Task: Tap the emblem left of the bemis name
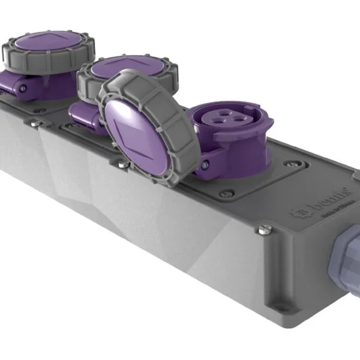coord(298,211)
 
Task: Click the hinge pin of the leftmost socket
coord(22,88)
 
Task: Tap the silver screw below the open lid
coord(123,163)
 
